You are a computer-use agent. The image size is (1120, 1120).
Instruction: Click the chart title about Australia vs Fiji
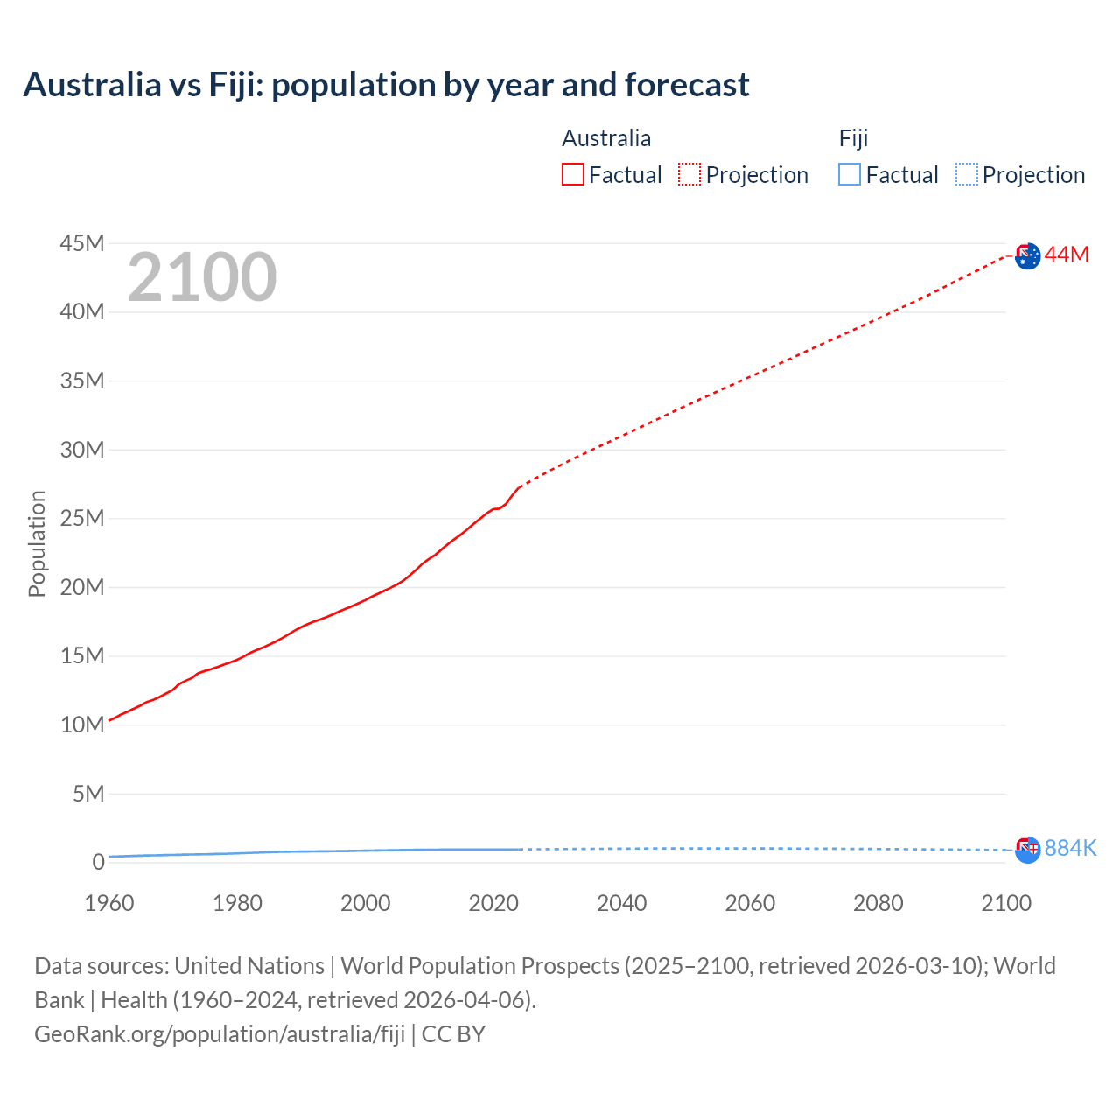tap(386, 85)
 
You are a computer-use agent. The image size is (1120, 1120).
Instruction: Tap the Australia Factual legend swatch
tap(572, 174)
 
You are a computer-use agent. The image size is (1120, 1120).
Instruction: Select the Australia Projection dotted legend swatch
tap(689, 174)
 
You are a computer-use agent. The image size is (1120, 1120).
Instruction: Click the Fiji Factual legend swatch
tap(850, 174)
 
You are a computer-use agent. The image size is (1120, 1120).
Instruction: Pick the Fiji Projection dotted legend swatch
tap(967, 174)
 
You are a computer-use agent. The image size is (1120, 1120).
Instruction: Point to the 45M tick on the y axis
tap(82, 243)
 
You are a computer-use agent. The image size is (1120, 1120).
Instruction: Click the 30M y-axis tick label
tap(82, 450)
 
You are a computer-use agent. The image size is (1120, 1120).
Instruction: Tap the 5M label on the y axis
tap(88, 794)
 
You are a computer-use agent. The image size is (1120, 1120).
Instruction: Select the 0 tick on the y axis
tap(98, 863)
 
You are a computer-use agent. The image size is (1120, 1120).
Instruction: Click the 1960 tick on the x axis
tap(109, 903)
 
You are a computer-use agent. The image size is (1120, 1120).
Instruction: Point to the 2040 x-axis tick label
tap(622, 903)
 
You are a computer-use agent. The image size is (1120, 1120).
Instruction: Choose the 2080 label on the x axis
tap(878, 903)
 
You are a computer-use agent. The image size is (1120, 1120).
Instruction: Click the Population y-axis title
tap(37, 543)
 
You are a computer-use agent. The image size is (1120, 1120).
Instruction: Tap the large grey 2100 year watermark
tap(202, 277)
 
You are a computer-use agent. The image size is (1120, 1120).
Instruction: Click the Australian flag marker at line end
tap(1028, 255)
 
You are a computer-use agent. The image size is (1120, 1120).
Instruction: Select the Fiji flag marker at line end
tap(1028, 849)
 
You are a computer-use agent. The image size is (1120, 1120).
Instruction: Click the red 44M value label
tap(1067, 255)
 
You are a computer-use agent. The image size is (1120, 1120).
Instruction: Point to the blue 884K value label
tap(1070, 848)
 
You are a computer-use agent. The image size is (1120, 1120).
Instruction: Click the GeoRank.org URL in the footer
tap(220, 1033)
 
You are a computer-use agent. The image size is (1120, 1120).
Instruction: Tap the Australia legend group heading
tap(606, 138)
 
